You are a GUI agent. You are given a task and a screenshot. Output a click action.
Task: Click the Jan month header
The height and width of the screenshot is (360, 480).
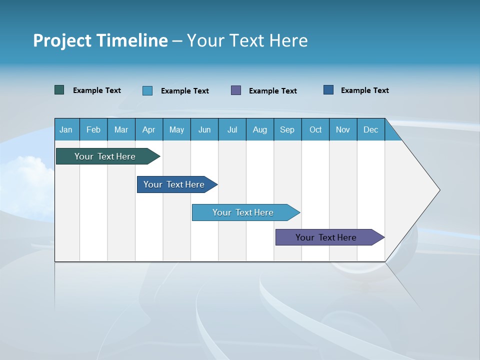[66, 129]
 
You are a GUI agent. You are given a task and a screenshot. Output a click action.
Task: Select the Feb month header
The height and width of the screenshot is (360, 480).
[93, 129]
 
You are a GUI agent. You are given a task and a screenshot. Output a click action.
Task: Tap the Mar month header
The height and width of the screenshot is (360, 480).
[121, 129]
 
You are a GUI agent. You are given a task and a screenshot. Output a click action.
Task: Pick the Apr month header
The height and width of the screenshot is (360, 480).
[149, 129]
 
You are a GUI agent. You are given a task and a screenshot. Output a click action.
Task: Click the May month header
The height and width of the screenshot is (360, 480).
[176, 129]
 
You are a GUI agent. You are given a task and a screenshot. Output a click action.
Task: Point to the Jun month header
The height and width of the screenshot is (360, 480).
[204, 129]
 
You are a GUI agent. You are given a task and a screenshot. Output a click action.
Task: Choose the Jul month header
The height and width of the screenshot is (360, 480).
[232, 129]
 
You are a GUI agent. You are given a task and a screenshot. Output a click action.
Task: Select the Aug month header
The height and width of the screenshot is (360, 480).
[260, 129]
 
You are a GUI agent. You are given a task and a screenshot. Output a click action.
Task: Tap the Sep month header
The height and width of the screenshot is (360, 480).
[287, 129]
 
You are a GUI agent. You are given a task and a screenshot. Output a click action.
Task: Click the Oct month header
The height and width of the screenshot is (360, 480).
[315, 129]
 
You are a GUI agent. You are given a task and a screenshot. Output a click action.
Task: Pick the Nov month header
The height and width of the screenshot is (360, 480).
[343, 129]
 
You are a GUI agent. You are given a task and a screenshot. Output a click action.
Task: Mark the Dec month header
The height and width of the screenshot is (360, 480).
[371, 129]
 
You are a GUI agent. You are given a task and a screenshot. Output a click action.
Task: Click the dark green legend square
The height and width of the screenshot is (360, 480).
[59, 90]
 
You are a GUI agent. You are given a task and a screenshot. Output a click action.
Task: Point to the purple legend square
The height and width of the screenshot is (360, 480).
[236, 90]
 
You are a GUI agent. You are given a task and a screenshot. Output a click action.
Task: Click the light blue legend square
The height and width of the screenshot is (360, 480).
[147, 90]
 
